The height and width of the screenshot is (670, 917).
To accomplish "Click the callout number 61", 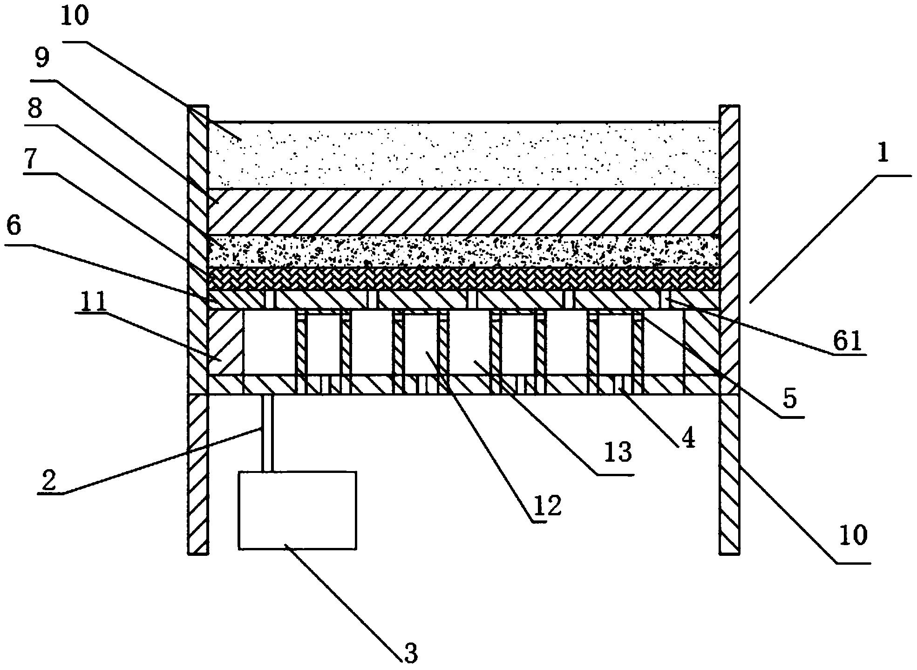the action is point(848,342).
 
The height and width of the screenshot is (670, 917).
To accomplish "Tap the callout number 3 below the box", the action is point(410,653).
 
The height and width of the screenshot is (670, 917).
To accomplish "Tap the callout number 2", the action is point(48,481).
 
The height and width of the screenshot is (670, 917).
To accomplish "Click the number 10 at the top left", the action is point(75,16).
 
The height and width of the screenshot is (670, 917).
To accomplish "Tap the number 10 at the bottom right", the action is point(853,535).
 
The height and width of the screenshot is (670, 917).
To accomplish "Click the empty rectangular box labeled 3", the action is point(297,510).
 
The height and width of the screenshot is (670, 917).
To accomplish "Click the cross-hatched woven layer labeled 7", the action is point(464,279).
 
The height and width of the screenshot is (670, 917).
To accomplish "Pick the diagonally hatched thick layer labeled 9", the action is point(464,212).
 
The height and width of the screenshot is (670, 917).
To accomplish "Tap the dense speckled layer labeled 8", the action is point(464,251).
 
